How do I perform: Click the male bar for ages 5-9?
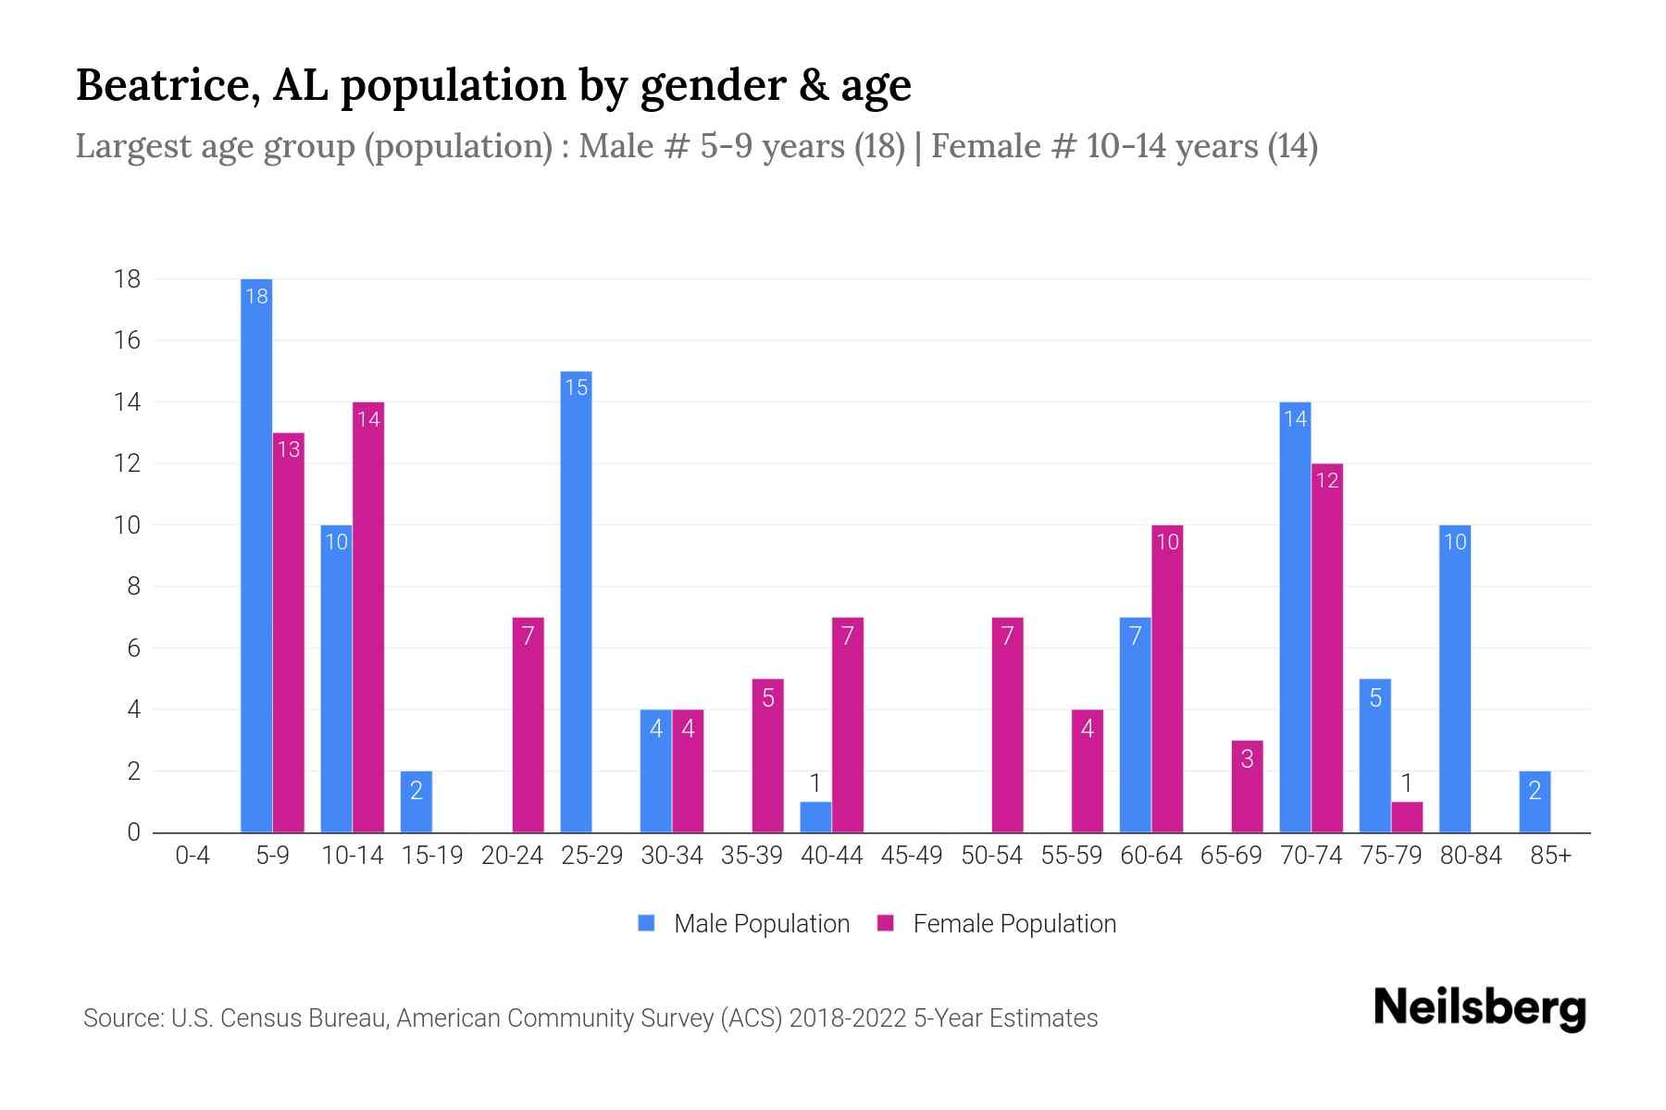point(256,555)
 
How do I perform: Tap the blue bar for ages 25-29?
point(576,601)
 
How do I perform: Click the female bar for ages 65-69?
point(1247,786)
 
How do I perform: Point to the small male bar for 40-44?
point(815,817)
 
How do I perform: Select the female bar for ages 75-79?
point(1407,817)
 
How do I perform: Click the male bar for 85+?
point(1535,802)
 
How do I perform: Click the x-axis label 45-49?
point(912,856)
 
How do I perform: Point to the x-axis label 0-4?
point(193,856)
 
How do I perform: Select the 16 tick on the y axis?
point(128,340)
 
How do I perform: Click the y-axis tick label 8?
point(133,586)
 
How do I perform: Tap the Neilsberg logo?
point(1479,1008)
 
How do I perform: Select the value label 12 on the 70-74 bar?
point(1327,480)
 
